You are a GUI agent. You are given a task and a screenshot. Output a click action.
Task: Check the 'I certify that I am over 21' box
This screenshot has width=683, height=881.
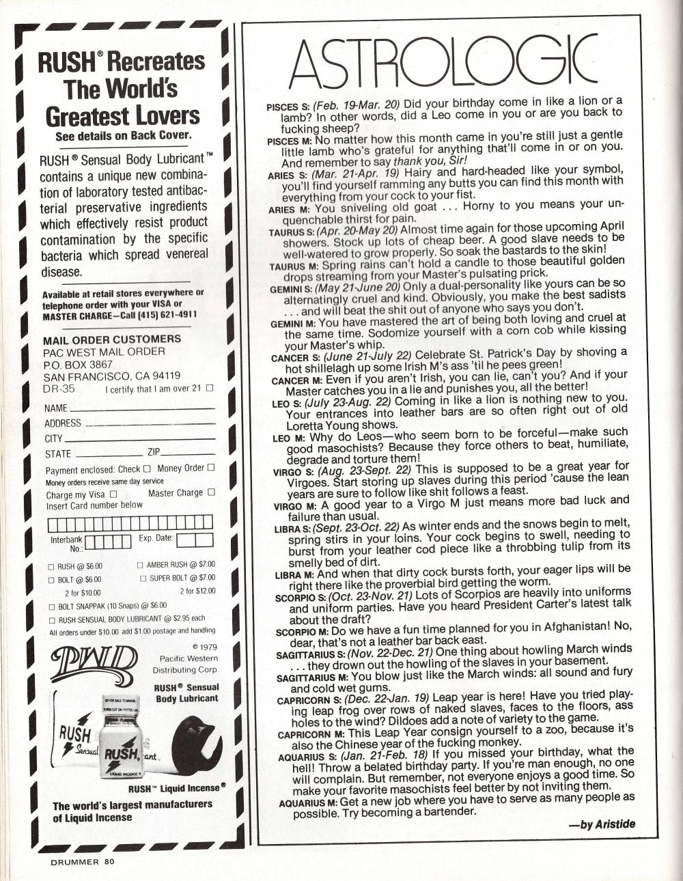[210, 388]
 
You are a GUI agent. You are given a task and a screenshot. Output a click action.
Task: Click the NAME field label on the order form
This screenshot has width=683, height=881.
[56, 408]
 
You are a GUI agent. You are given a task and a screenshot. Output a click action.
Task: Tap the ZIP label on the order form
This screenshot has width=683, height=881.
[154, 452]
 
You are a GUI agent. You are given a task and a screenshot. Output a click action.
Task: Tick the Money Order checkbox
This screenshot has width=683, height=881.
[211, 467]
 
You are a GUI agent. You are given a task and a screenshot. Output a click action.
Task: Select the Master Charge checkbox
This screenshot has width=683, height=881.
[211, 492]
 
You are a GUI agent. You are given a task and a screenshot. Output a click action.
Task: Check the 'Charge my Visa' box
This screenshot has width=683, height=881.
[113, 494]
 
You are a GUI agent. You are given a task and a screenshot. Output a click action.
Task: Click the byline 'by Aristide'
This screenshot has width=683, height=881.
[601, 824]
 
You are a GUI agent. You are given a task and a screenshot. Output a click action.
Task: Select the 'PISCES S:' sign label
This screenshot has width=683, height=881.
[288, 107]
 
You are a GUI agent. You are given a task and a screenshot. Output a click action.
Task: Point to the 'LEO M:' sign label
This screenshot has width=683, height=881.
[290, 438]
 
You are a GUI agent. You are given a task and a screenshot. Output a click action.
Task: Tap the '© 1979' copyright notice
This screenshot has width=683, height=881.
[205, 646]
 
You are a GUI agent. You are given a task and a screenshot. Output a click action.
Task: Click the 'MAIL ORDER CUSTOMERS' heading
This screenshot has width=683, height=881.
[112, 339]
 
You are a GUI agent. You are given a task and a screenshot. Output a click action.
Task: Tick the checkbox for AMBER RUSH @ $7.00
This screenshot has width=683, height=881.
[140, 565]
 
